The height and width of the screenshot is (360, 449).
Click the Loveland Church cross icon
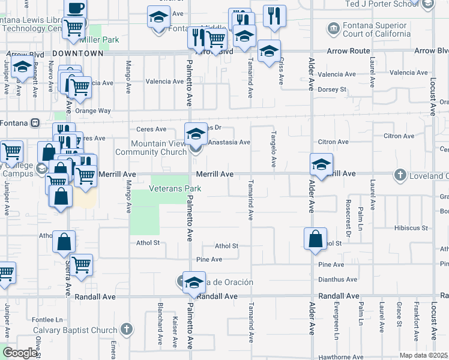(400, 174)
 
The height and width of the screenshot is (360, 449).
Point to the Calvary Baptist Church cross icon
(126, 329)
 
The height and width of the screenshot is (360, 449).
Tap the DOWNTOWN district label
(78, 53)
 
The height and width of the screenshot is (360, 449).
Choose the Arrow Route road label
(348, 52)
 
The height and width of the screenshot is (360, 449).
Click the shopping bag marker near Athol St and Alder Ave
(316, 239)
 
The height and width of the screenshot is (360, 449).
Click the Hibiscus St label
(411, 228)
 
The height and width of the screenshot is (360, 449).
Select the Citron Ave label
(334, 142)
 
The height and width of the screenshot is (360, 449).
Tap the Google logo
(20, 353)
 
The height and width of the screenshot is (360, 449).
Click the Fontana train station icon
(35, 122)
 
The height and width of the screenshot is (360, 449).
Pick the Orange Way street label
(93, 110)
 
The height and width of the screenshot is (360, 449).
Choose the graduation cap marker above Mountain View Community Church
(196, 135)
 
